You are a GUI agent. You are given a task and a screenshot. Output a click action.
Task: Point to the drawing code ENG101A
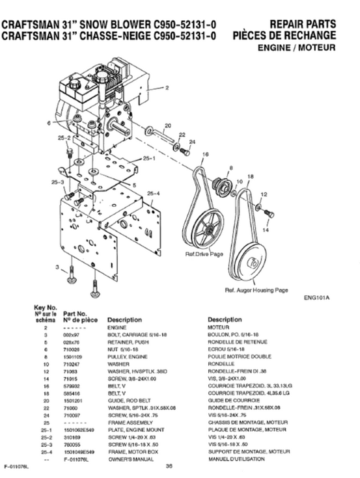tap(316, 299)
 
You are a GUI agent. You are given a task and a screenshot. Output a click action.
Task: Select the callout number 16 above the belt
tap(205, 153)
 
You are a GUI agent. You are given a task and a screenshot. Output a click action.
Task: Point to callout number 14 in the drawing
tap(266, 230)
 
